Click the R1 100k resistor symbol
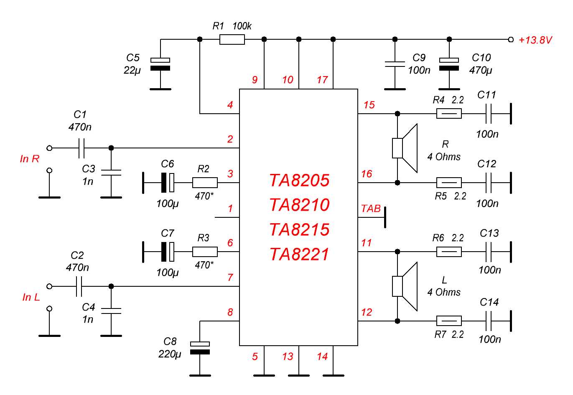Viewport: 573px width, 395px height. coord(232,40)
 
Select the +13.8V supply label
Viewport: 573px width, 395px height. coord(535,40)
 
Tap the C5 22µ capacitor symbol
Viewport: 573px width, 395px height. coord(160,64)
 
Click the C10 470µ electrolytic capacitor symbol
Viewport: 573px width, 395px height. coord(449,64)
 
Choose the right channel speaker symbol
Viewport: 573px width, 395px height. coord(405,148)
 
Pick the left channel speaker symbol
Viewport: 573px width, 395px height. coord(405,286)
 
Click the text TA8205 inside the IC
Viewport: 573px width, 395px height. coord(299,181)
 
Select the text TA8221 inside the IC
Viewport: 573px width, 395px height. coord(299,254)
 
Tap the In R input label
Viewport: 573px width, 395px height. coord(30,159)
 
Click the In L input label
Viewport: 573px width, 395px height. coord(31,297)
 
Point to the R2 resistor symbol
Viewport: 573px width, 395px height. coord(205,183)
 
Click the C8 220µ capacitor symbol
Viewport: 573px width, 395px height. coord(200,348)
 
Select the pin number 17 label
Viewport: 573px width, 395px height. coord(322,80)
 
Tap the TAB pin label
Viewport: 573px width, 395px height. coord(371,209)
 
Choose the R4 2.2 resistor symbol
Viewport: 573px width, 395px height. coord(449,114)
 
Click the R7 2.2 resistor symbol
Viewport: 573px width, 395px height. coord(449,321)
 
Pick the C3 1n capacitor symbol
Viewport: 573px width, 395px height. coord(111,172)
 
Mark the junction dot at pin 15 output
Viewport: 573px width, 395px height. coord(397,114)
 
